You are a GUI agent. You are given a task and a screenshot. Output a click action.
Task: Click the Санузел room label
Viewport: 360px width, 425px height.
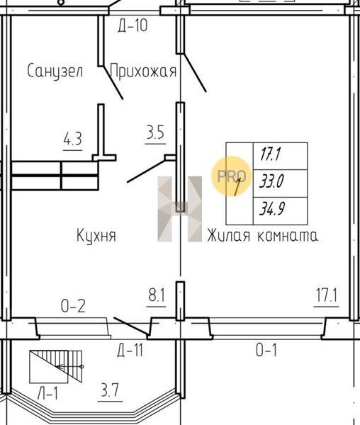click(x=55, y=71)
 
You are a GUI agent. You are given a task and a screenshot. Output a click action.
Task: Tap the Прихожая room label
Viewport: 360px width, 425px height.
click(x=143, y=71)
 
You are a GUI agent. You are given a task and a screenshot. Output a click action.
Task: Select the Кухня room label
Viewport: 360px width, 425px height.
click(x=96, y=235)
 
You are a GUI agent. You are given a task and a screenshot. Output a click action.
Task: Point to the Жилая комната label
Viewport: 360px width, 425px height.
click(x=262, y=235)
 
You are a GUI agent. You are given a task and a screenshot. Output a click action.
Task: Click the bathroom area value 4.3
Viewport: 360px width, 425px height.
click(x=73, y=140)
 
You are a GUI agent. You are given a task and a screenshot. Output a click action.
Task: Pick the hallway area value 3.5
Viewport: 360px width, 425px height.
click(x=155, y=132)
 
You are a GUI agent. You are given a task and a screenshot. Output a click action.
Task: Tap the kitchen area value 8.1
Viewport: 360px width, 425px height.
click(x=157, y=295)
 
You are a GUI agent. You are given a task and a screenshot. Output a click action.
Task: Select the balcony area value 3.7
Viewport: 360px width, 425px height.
click(x=110, y=390)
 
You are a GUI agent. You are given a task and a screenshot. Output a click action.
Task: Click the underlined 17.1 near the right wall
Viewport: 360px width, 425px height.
click(x=327, y=295)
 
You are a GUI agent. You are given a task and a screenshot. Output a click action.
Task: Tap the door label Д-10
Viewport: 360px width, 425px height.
click(x=133, y=25)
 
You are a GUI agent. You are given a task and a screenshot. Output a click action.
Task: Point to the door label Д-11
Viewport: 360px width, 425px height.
click(x=130, y=350)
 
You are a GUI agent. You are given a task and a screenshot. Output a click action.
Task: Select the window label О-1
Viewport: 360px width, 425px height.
click(x=266, y=350)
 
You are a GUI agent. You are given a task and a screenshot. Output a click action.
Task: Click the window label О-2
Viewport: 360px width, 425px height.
click(x=73, y=306)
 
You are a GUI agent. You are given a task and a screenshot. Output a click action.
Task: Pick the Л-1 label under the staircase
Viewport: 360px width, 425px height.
click(x=47, y=393)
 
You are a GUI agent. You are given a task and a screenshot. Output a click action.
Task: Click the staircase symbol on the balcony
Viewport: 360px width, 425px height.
click(x=56, y=367)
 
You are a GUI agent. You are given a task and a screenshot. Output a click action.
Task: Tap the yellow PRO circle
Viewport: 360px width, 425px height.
click(x=232, y=176)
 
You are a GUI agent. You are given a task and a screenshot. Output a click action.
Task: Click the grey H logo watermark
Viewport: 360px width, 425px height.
click(x=180, y=209)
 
